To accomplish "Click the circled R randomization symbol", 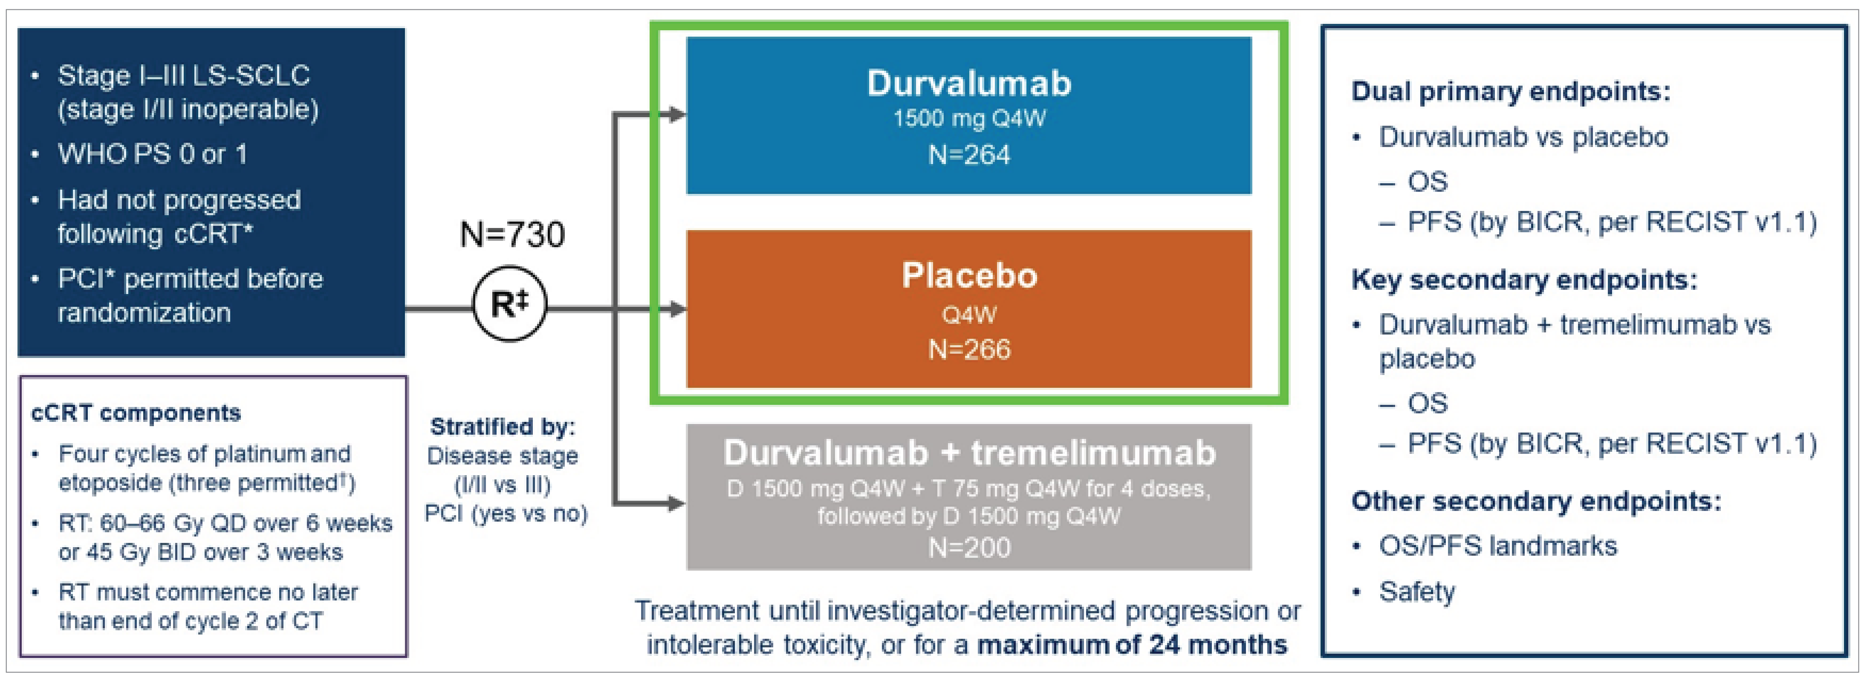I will click(509, 304).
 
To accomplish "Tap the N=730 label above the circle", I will click(512, 235).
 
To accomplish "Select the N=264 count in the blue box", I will click(969, 155).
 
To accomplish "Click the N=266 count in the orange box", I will click(969, 350).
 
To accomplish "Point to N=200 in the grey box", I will click(969, 548).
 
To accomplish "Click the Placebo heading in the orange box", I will click(969, 276).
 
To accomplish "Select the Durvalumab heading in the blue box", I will click(969, 83).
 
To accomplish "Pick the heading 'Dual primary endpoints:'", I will click(1510, 92).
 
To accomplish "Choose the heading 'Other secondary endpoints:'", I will click(1536, 501).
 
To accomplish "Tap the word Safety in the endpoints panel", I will click(1416, 592).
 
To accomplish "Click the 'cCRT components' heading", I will click(136, 413).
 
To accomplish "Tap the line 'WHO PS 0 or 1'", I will click(152, 154).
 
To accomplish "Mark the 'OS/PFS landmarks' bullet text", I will click(1497, 546).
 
